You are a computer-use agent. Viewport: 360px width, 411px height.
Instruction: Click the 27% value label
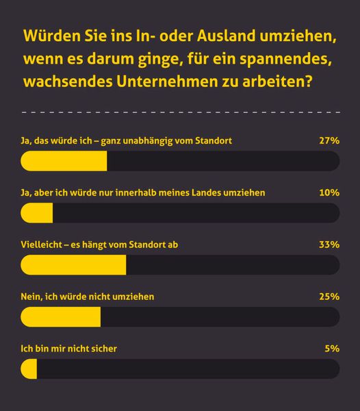pos(329,140)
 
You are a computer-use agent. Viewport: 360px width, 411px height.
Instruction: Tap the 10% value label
pos(329,192)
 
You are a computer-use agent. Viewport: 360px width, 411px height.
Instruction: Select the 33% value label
pos(329,245)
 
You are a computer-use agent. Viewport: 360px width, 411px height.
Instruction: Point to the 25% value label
pos(329,297)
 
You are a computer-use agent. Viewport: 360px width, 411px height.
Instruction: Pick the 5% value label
pos(333,349)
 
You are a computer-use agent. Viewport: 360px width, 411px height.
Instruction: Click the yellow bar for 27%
pos(64,161)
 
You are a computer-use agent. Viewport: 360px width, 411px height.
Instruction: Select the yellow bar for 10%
pos(37,213)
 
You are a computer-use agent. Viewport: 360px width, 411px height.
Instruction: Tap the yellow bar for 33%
pos(74,265)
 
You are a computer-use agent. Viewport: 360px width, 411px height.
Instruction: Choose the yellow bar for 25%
pos(61,317)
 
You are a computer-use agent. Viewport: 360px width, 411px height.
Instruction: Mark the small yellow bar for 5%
pos(29,369)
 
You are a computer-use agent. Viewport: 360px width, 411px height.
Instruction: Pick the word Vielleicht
pos(44,245)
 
